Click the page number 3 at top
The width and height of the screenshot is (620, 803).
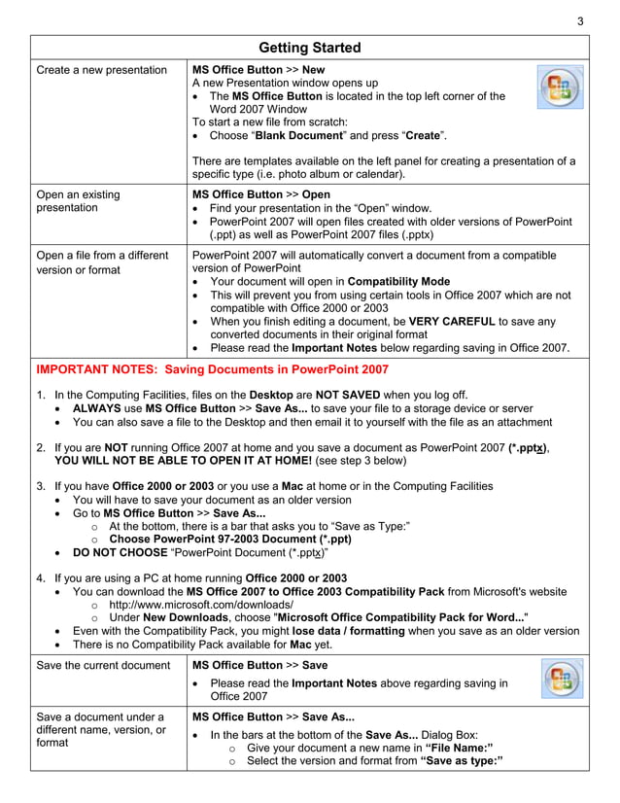click(580, 21)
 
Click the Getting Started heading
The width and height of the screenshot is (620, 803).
click(310, 48)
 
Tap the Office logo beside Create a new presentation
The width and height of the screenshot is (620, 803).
click(560, 87)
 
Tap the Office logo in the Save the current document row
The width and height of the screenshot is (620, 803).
click(561, 682)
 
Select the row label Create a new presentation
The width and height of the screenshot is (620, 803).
click(101, 70)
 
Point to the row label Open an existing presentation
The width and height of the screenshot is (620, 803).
click(78, 200)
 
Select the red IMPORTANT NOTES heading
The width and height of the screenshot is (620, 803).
click(211, 369)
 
